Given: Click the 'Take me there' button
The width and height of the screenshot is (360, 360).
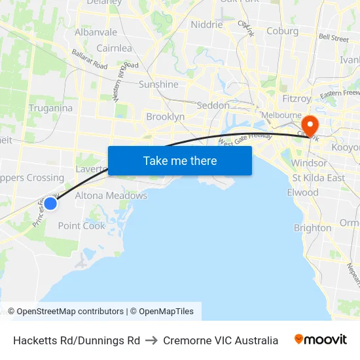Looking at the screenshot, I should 180,160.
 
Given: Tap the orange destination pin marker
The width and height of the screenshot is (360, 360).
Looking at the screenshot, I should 308,125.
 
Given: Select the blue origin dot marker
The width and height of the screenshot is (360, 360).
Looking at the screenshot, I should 50,204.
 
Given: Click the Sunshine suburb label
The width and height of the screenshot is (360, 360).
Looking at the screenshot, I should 158,84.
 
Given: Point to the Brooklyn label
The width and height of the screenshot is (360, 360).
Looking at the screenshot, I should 165,117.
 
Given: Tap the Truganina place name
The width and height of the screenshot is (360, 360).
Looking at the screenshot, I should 50,108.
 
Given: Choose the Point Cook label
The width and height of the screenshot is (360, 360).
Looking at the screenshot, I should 81,226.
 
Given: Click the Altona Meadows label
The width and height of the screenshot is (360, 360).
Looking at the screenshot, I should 111,195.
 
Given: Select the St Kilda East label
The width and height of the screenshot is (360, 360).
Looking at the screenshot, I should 319,178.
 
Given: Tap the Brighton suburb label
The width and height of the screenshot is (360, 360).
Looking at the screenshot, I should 312,228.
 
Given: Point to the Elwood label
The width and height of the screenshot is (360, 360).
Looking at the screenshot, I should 302,192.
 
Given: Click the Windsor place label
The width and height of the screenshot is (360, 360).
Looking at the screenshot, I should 309,163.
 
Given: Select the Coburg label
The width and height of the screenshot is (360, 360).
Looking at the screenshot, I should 283,31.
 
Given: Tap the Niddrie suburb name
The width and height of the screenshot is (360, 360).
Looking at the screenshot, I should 206,25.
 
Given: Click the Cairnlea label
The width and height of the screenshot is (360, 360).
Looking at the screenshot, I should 114,48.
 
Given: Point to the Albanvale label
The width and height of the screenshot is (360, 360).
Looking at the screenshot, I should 96,32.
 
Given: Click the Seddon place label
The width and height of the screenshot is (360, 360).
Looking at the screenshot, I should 213,105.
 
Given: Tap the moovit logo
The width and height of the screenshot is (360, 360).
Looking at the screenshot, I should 321,340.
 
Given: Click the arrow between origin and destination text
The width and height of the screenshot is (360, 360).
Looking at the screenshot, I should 151,340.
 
